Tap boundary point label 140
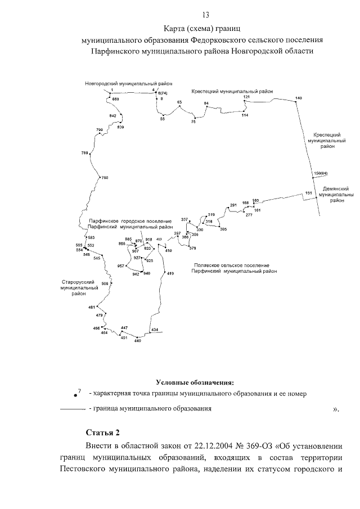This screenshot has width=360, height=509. point(299,98)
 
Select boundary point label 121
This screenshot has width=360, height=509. point(246,97)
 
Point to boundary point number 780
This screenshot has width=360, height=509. point(104,178)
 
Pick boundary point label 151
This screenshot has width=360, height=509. point(308,193)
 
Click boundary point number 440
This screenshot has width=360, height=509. point(137,341)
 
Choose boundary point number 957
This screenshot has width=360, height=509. point(121,265)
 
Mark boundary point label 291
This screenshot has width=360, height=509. point(233,205)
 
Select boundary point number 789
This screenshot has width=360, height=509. point(85,154)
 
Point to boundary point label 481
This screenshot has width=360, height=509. point(92,307)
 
